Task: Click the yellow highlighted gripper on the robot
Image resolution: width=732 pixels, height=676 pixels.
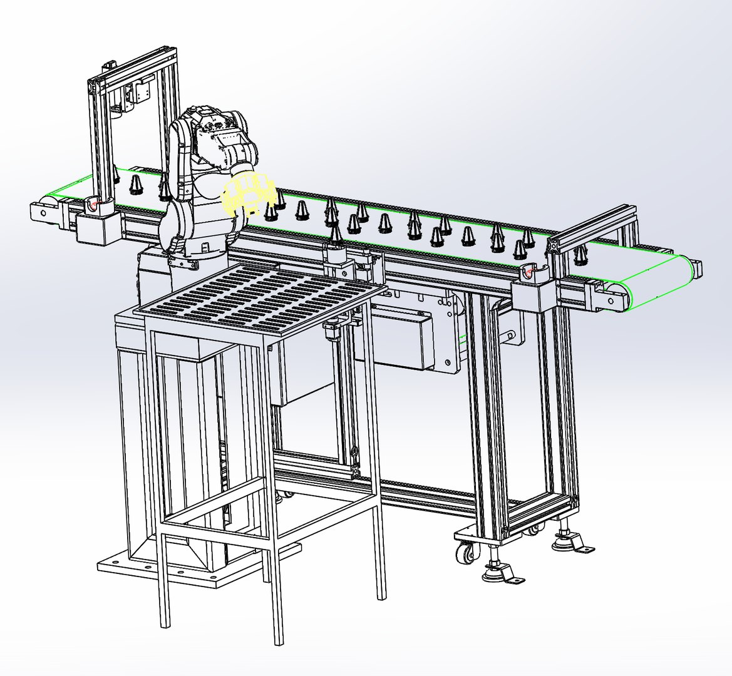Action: [249, 195]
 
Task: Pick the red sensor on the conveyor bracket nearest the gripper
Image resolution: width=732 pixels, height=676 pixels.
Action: [93, 203]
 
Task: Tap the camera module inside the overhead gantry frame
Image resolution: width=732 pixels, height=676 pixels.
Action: [139, 94]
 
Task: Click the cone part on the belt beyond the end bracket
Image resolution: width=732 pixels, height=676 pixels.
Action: [581, 253]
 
